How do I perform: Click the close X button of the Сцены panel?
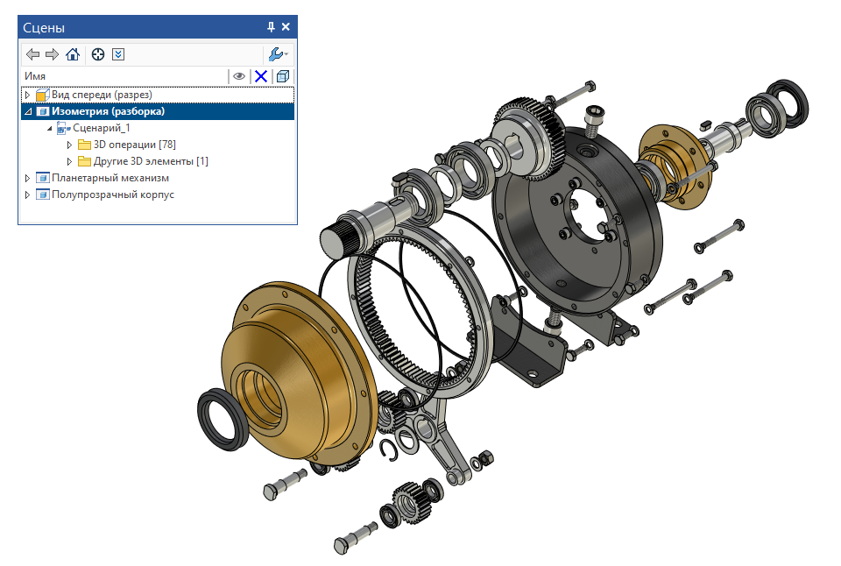(286, 27)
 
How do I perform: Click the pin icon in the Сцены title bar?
(271, 27)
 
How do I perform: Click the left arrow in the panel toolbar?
(32, 54)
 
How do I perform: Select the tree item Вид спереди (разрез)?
(102, 95)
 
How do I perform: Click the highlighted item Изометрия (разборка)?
(108, 111)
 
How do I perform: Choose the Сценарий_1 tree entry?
(102, 128)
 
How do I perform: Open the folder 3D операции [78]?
(134, 145)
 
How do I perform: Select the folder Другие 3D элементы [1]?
(151, 161)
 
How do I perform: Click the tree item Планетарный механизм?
(110, 178)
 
